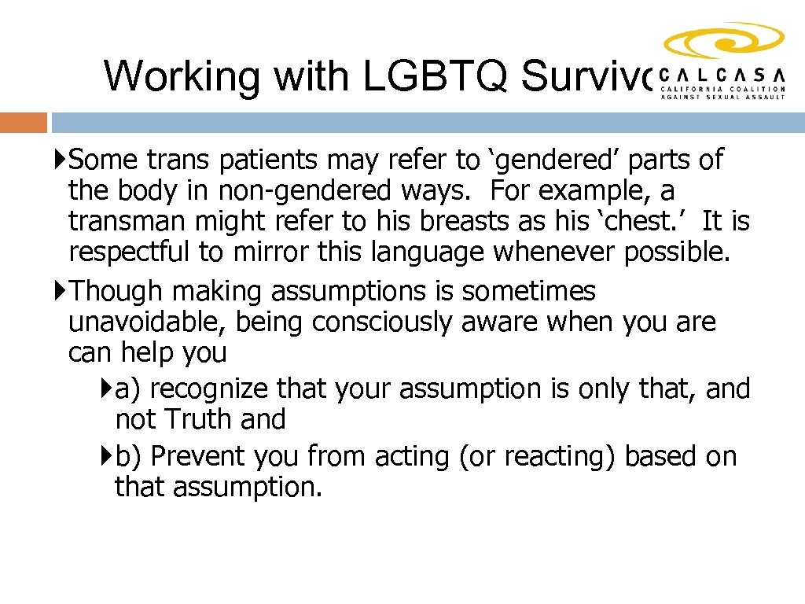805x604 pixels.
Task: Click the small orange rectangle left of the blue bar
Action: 24,123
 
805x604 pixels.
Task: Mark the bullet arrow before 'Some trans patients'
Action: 61,160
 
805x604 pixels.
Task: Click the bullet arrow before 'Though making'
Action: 61,292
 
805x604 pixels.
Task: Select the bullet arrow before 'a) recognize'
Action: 108,389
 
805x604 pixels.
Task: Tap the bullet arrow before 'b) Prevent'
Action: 108,456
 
